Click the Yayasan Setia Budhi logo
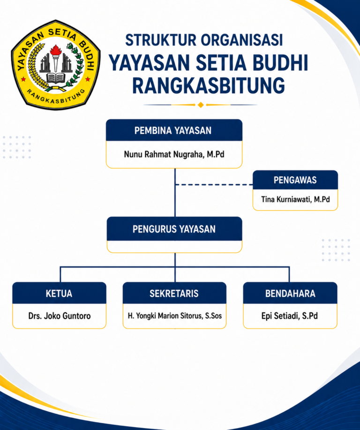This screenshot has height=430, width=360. click(56, 65)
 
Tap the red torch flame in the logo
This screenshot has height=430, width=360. click(56, 50)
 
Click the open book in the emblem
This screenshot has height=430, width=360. click(56, 78)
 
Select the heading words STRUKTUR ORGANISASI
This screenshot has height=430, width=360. click(204, 40)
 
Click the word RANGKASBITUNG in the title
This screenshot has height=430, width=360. click(209, 85)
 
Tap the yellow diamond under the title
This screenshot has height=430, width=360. click(201, 105)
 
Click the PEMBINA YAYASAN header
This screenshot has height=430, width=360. click(174, 130)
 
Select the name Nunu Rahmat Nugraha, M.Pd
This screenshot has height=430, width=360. click(174, 154)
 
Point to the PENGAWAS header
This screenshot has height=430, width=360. click(295, 180)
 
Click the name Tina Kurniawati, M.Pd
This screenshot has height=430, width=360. click(295, 199)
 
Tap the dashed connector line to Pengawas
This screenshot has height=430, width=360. click(214, 185)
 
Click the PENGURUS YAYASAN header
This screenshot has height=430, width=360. click(174, 229)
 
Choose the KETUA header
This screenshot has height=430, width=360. click(59, 294)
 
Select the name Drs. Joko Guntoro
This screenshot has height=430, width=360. click(60, 316)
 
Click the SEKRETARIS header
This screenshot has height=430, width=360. click(174, 294)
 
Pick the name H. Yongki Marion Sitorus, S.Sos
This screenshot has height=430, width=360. click(175, 316)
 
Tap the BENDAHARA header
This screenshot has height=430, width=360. click(290, 294)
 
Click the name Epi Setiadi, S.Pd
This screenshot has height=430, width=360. click(290, 316)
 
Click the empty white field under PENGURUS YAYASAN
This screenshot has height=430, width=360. click(174, 247)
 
